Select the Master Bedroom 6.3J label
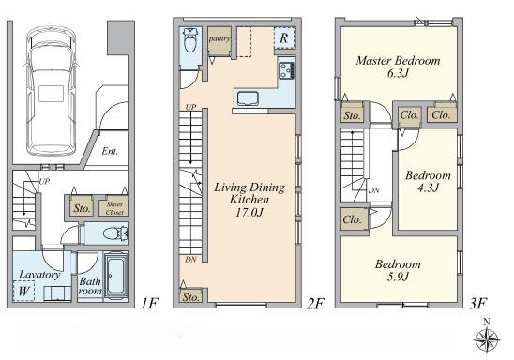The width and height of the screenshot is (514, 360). (x=398, y=67)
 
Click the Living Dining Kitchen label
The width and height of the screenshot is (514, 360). (x=249, y=200)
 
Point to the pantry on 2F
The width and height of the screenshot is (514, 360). (x=219, y=41)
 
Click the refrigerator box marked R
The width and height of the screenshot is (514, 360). (x=284, y=37)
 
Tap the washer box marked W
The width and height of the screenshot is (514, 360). (x=23, y=291)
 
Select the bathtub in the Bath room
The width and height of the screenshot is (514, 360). (x=115, y=276)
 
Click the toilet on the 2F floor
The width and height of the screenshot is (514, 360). (x=190, y=40)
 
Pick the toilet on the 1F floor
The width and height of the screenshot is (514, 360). (x=115, y=233)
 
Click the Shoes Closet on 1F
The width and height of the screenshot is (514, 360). (x=114, y=206)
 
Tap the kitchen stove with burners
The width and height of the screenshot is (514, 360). (x=287, y=70)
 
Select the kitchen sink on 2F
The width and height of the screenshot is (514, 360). (x=248, y=98)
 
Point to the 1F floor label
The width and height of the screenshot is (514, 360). (x=149, y=304)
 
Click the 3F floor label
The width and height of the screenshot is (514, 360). (x=476, y=304)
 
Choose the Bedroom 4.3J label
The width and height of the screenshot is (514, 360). (x=428, y=181)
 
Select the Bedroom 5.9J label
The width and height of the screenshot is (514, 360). (x=398, y=270)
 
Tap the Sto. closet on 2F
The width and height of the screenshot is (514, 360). (x=190, y=296)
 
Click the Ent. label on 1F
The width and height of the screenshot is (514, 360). (x=110, y=151)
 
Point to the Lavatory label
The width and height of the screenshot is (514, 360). (x=39, y=275)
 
